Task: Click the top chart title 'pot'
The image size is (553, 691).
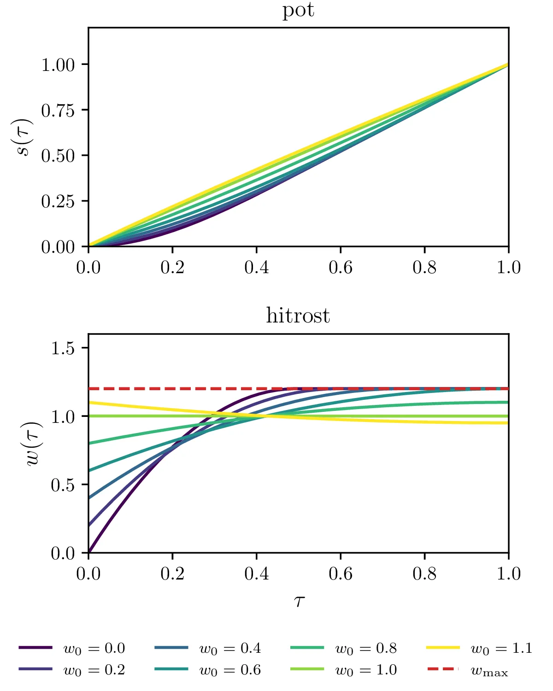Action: (x=298, y=10)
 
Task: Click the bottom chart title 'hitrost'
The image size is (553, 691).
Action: (x=298, y=316)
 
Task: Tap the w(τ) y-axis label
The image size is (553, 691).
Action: (x=35, y=444)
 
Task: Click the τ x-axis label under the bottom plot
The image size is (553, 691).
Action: (x=299, y=601)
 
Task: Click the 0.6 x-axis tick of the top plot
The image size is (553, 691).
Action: (x=341, y=268)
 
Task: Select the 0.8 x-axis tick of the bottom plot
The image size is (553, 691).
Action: (x=424, y=574)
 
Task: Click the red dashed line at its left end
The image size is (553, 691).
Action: (x=89, y=389)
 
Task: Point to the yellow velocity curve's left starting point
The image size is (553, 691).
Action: (x=89, y=402)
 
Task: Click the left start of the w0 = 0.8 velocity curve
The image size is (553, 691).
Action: (x=89, y=443)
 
